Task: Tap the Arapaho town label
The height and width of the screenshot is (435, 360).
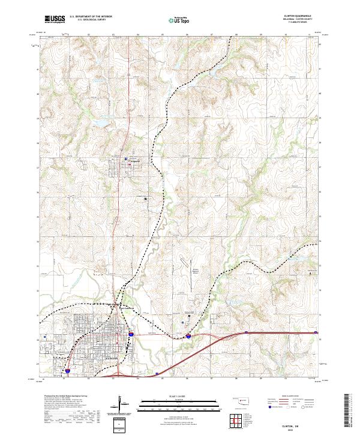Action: click(x=134, y=161)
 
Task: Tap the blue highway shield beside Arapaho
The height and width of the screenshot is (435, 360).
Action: click(x=126, y=158)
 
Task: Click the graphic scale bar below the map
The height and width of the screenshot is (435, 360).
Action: click(x=163, y=403)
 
